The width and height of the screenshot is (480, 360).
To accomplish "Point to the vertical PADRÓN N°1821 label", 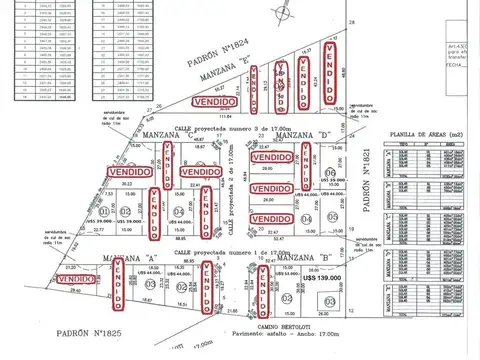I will (x=371, y=185).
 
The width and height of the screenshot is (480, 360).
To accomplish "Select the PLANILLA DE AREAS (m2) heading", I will (x=433, y=133).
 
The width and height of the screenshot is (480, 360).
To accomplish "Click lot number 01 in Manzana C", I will (x=105, y=212).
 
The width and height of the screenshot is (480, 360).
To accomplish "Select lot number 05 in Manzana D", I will (x=330, y=196).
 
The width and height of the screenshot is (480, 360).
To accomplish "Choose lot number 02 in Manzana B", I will (x=286, y=298).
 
